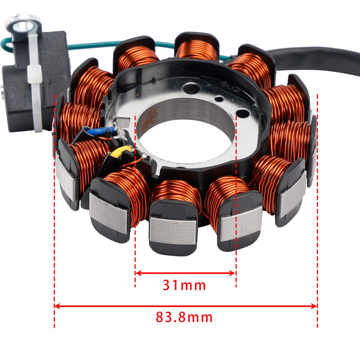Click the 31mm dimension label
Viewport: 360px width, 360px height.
pyautogui.click(x=185, y=285)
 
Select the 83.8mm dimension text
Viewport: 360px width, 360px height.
pyautogui.click(x=184, y=317)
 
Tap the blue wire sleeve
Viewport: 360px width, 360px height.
pyautogui.click(x=100, y=131)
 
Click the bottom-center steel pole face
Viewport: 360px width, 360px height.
pyautogui.click(x=173, y=229)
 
